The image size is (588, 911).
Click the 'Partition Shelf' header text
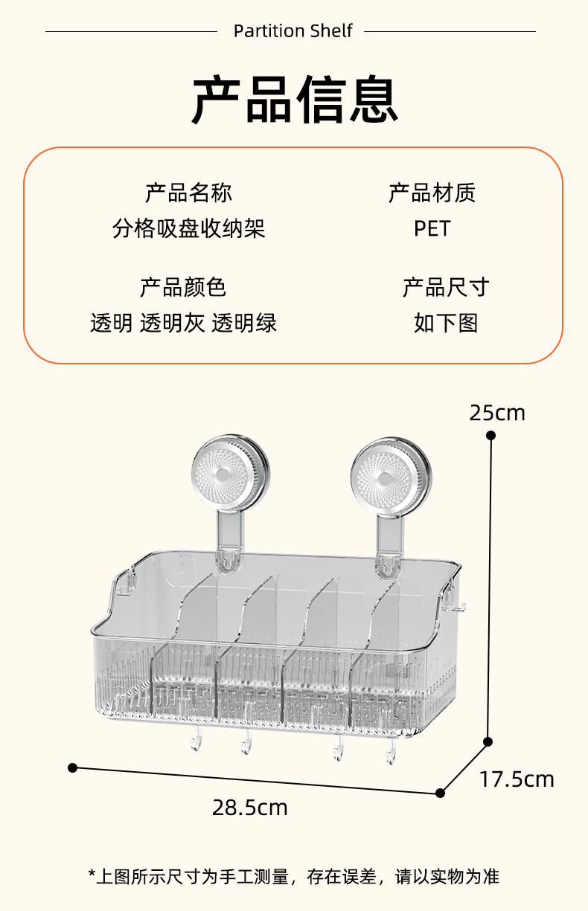click(x=293, y=31)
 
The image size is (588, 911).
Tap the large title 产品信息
click(x=295, y=99)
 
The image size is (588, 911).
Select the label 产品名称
click(x=188, y=193)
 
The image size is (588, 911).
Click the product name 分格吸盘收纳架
click(x=188, y=228)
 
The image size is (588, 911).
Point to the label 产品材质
click(x=432, y=193)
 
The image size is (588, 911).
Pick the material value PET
click(x=432, y=228)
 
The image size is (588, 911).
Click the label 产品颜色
click(x=183, y=287)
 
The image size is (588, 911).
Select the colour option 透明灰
click(x=172, y=323)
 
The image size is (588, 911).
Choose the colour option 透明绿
click(x=244, y=323)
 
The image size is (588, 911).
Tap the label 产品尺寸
click(x=445, y=287)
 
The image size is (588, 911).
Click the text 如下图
click(x=445, y=323)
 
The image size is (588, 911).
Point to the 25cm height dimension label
click(x=497, y=413)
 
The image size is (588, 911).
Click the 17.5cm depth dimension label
click(x=517, y=779)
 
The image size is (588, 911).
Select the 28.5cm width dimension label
click(x=250, y=807)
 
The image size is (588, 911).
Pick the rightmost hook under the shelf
click(x=389, y=753)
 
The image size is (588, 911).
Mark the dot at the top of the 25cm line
click(x=490, y=435)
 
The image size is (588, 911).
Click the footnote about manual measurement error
click(x=293, y=877)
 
